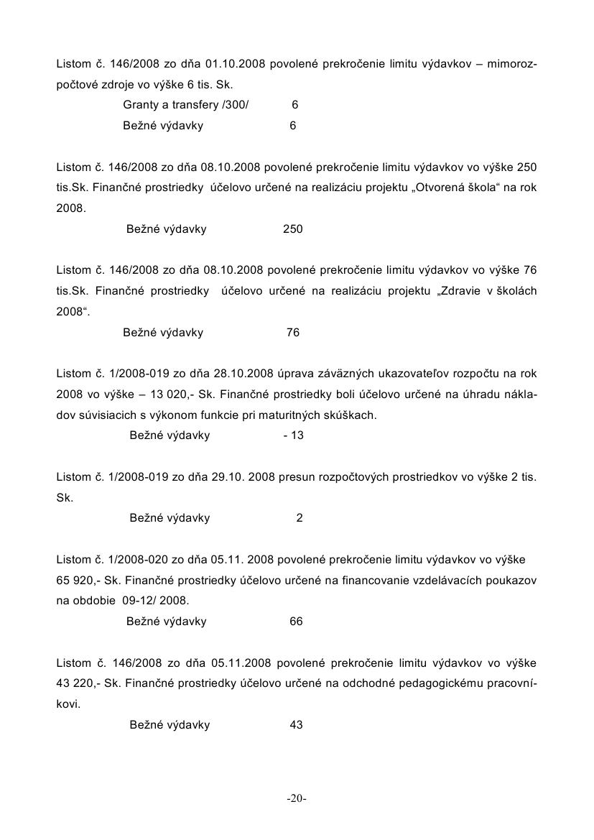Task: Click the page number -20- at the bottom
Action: click(x=297, y=798)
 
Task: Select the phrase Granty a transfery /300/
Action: click(x=185, y=105)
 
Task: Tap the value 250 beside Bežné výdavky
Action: click(x=292, y=229)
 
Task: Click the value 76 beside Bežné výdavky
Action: click(x=292, y=333)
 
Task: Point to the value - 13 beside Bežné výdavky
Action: click(x=293, y=435)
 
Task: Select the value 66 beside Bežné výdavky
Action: click(x=296, y=622)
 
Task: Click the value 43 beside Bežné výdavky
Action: click(x=296, y=725)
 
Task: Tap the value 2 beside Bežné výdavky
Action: click(x=300, y=518)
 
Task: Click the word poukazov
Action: click(x=512, y=580)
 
